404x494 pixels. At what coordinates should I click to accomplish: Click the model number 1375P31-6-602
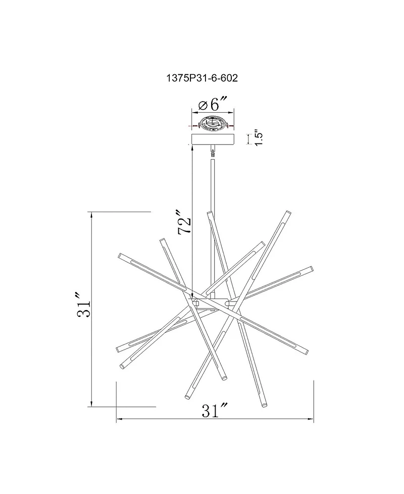point(202,78)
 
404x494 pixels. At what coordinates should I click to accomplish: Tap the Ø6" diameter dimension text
point(213,104)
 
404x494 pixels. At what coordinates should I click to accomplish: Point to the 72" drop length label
point(184,222)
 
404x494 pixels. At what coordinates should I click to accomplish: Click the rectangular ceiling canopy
point(213,139)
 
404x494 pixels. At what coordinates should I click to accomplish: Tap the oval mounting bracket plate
point(213,123)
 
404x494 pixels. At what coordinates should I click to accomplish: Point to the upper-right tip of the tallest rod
point(288,212)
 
